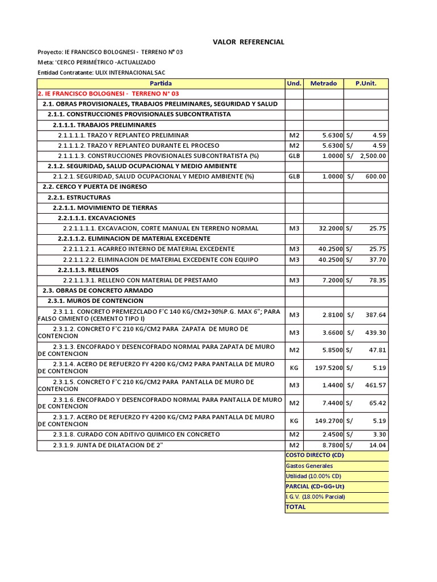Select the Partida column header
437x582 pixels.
pyautogui.click(x=160, y=84)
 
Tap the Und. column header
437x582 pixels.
pyautogui.click(x=294, y=84)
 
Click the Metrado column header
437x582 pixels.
pyautogui.click(x=323, y=84)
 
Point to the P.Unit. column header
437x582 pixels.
pyautogui.click(x=366, y=84)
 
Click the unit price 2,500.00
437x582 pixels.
pyautogui.click(x=372, y=156)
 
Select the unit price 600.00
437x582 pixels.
pyautogui.click(x=376, y=176)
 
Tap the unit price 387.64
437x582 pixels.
pyautogui.click(x=376, y=315)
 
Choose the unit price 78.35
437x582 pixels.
pyautogui.click(x=377, y=280)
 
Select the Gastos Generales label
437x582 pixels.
pyautogui.click(x=309, y=465)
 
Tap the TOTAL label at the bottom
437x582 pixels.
pyautogui.click(x=296, y=507)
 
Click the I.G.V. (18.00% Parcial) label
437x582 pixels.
pyautogui.click(x=315, y=497)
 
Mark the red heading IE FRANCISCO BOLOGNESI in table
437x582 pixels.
pyautogui.click(x=108, y=94)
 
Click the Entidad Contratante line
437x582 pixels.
pyautogui.click(x=102, y=72)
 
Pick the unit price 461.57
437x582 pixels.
pyautogui.click(x=376, y=385)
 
